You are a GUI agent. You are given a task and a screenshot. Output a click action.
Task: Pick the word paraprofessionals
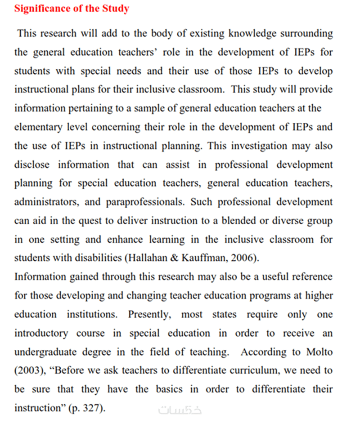pyautogui.click(x=144, y=202)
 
